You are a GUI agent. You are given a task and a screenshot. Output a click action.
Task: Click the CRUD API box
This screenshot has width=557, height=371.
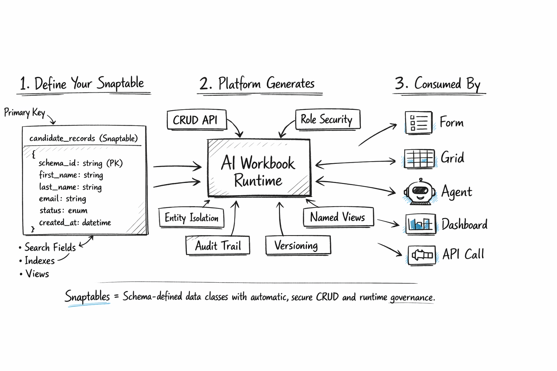pos(197,120)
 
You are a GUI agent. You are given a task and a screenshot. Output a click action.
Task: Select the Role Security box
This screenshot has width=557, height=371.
pos(327,119)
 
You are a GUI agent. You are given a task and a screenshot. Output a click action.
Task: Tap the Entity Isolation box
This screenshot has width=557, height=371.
pos(191,218)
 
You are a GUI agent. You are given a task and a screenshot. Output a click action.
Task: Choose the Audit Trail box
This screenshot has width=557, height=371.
pos(218,246)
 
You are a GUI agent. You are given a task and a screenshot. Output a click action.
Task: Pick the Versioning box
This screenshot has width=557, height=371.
pos(297,246)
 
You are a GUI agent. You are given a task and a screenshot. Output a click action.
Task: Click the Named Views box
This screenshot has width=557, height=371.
pos(338,217)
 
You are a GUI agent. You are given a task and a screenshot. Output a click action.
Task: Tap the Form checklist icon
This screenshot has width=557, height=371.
pos(418,122)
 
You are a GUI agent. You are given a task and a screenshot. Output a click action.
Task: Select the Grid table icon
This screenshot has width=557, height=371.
pos(420,159)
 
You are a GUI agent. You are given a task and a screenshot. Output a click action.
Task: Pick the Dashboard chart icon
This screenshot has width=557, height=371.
pos(420,224)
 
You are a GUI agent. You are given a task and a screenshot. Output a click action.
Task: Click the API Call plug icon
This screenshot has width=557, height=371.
pos(421,255)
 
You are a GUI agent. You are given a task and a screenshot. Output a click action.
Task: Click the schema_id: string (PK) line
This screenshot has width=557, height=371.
pos(81,163)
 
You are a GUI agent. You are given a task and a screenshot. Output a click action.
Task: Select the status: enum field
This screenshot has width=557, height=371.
pos(63,210)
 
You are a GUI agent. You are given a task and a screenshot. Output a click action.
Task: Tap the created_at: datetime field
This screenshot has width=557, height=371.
pos(75,222)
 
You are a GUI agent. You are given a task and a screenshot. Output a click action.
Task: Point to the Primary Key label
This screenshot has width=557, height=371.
pos(24,113)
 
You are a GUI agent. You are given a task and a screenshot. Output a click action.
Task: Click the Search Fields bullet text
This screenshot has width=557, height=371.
pos(50,247)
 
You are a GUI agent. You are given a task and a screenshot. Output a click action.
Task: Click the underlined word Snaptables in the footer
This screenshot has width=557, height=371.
pos(87,296)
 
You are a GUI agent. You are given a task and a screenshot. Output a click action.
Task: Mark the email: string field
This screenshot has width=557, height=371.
pos(62,199)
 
